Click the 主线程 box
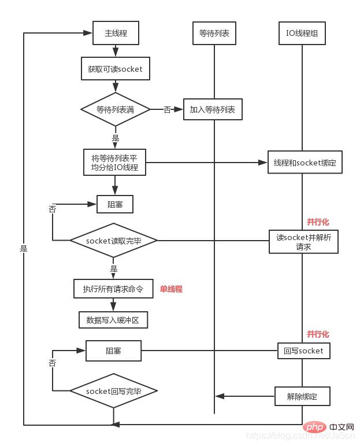(116, 34)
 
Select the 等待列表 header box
(214, 34)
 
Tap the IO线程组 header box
(302, 34)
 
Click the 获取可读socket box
(115, 69)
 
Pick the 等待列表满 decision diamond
(116, 109)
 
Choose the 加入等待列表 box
(213, 109)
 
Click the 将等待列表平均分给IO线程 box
(114, 163)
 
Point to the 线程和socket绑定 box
(305, 163)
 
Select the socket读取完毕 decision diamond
(113, 240)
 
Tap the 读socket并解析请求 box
(303, 241)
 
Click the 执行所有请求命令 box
(113, 288)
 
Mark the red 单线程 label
(171, 289)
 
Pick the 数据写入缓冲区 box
(113, 319)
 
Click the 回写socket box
(304, 351)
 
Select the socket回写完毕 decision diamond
(113, 392)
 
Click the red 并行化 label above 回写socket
(318, 334)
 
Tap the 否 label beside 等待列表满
(168, 109)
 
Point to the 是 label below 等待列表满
(116, 138)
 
